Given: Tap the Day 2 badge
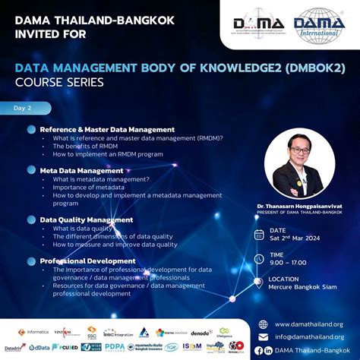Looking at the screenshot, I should pyautogui.click(x=26, y=109).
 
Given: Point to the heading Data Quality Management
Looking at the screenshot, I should pyautogui.click(x=86, y=219).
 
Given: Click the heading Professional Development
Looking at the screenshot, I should pyautogui.click(x=87, y=261).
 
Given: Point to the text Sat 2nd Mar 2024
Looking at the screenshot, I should pyautogui.click(x=295, y=238).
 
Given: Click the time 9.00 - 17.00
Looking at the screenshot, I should pyautogui.click(x=288, y=263).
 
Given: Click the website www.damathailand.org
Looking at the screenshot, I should pyautogui.click(x=309, y=324).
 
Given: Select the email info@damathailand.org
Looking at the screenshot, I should pyautogui.click(x=309, y=336).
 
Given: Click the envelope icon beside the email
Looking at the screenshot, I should pyautogui.click(x=264, y=336).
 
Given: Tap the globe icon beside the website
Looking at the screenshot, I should pyautogui.click(x=264, y=324).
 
